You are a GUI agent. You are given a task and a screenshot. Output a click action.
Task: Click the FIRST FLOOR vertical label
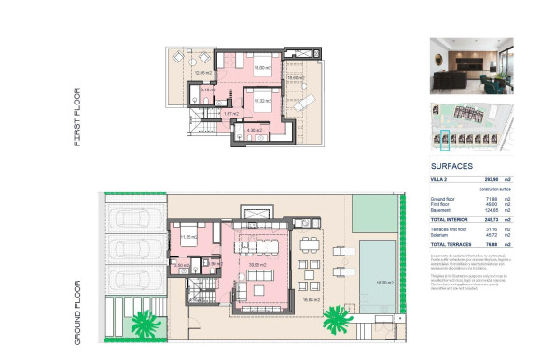[77, 118]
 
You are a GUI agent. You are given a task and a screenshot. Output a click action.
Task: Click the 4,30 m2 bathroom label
[254, 130]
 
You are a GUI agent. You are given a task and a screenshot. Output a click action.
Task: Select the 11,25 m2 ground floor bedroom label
[187, 237]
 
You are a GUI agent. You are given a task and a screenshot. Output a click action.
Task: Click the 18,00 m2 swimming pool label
[381, 282]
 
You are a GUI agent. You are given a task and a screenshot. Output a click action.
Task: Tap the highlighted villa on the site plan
[445, 139]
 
